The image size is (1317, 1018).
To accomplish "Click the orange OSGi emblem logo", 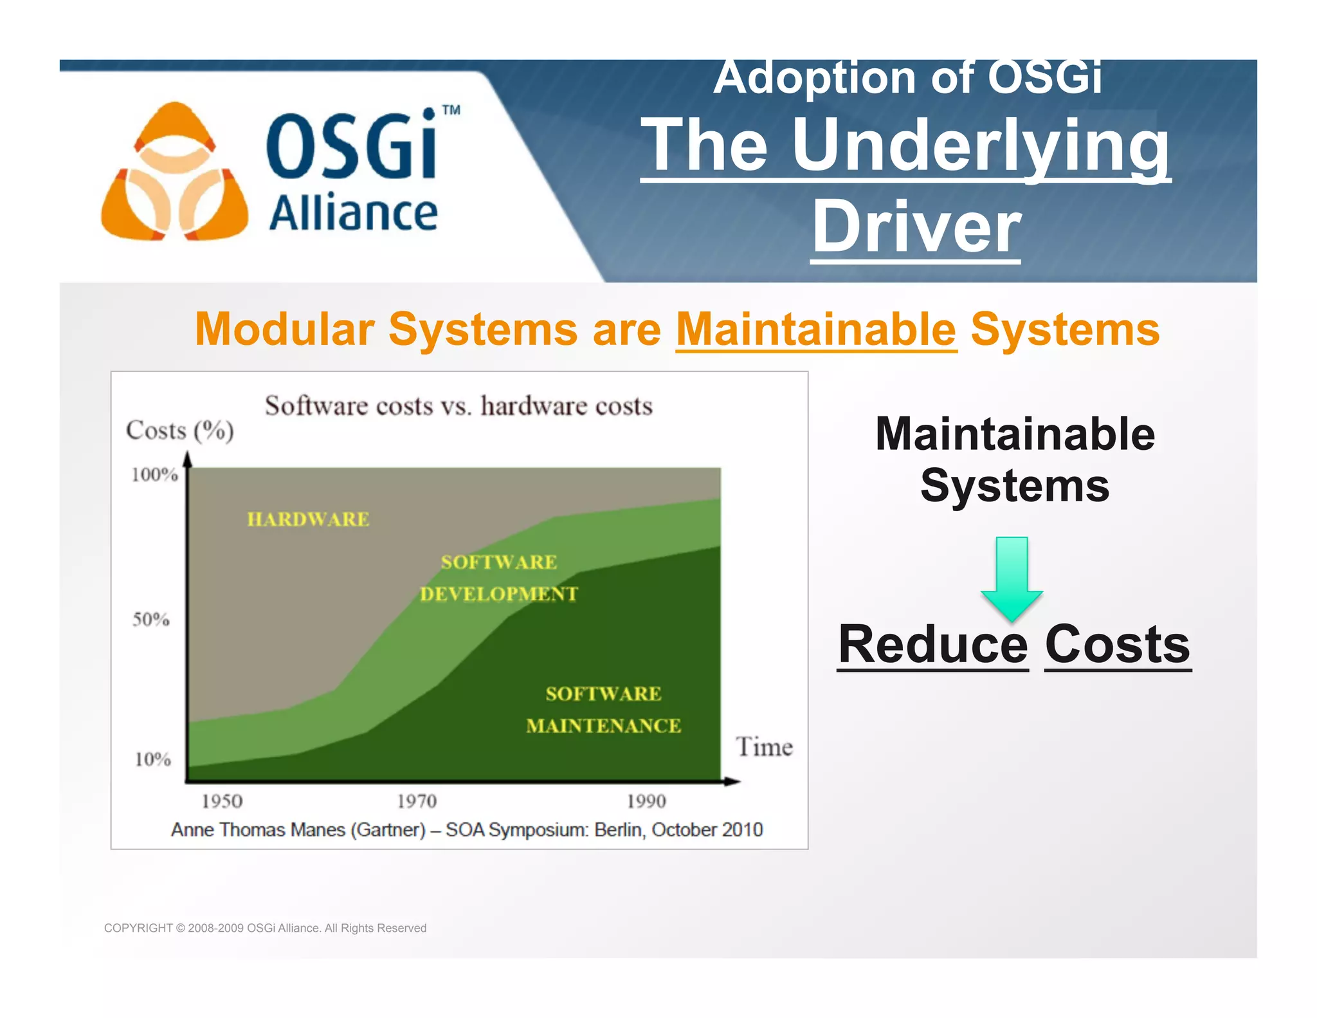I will tap(174, 172).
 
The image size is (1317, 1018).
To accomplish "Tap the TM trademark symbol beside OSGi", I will tap(451, 110).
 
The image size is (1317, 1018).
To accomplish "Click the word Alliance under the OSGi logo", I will tap(353, 213).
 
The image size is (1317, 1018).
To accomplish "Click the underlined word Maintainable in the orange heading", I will tap(816, 329).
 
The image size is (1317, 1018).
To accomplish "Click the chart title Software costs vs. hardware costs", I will tap(459, 406).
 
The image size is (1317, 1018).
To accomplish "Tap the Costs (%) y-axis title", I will tap(179, 430).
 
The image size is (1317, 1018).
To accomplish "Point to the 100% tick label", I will tap(154, 475).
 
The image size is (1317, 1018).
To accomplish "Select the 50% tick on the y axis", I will tap(151, 620).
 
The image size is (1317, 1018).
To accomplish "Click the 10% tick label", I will tap(152, 759).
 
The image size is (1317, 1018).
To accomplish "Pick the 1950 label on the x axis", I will tap(222, 801).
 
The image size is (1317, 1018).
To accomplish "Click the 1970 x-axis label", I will tap(417, 801).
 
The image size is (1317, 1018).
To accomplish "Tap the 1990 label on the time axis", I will tap(646, 801).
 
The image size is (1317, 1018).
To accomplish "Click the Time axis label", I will tap(764, 747).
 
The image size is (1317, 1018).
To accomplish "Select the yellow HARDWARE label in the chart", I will tap(308, 519).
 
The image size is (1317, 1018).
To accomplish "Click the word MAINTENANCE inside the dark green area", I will tap(603, 726).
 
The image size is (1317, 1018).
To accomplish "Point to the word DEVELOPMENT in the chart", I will tap(499, 594).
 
